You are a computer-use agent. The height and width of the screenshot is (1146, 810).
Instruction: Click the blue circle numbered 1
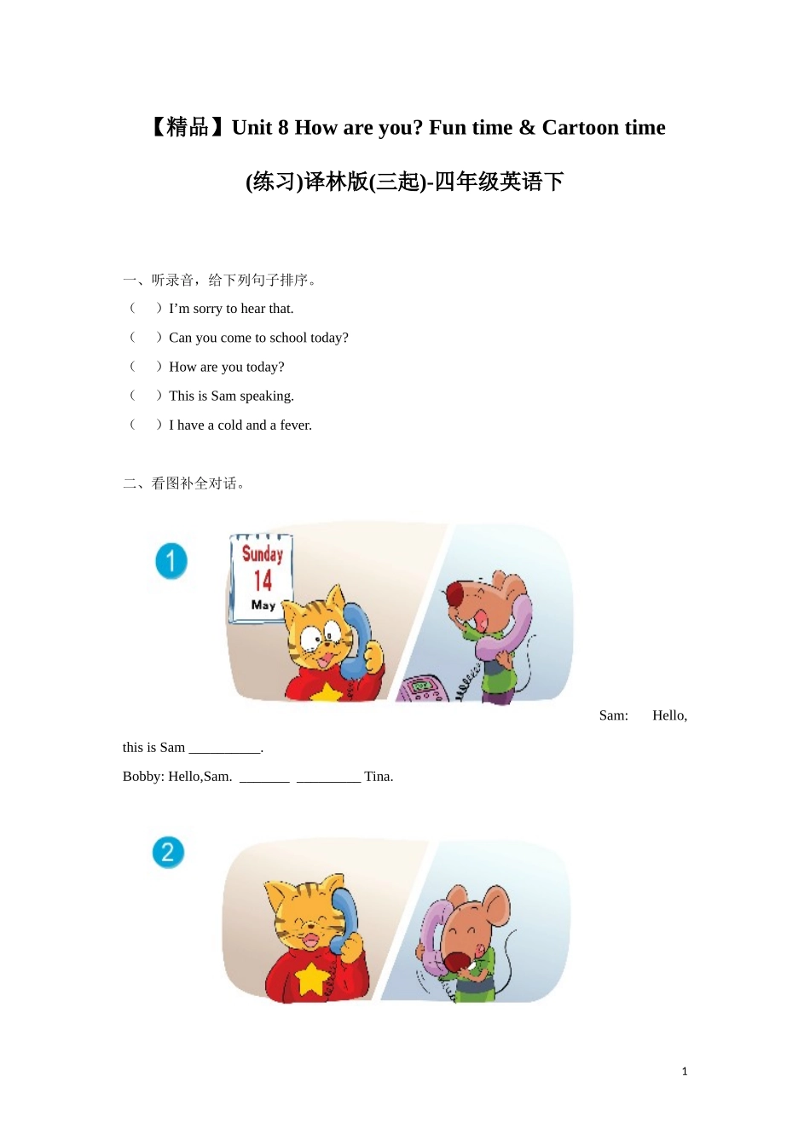[x=171, y=561]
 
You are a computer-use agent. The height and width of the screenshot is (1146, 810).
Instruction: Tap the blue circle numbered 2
[x=168, y=852]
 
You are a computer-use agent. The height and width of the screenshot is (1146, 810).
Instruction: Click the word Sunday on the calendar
[x=262, y=553]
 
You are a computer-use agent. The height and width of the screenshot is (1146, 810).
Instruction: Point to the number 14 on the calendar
[x=263, y=581]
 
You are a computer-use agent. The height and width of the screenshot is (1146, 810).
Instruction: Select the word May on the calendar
[x=263, y=605]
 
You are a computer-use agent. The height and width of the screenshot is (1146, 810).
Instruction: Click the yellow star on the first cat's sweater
[x=326, y=692]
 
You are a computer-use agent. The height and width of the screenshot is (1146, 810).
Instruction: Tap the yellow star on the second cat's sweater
[x=312, y=978]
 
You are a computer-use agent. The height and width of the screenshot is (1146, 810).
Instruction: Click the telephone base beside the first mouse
[x=424, y=688]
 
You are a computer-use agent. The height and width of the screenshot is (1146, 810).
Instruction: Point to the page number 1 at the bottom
[x=685, y=1072]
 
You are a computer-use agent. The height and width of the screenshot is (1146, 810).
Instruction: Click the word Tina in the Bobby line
[x=379, y=777]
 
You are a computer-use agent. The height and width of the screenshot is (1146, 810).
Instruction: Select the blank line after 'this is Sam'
[x=225, y=749]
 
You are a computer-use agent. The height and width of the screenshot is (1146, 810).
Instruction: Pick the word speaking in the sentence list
[x=267, y=396]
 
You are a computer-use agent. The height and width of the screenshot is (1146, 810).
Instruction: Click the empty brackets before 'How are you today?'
[x=145, y=367]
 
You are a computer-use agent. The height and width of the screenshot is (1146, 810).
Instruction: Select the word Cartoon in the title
[x=580, y=128]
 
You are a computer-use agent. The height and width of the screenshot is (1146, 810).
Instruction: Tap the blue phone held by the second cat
[x=346, y=917]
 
